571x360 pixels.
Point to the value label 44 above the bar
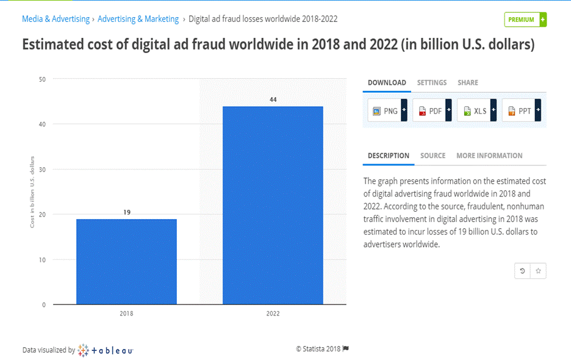pos(273,99)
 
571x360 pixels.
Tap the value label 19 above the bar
pos(127,212)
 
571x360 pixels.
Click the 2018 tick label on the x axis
pos(126,313)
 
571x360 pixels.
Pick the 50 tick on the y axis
pos(43,79)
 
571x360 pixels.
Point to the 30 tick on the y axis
pos(43,169)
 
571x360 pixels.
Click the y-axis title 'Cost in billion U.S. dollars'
pos(32,192)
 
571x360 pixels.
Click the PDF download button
pos(430,111)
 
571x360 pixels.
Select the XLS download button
pos(475,111)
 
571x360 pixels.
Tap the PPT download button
pos(519,111)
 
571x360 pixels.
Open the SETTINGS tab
pos(432,82)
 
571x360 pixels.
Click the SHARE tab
pos(468,82)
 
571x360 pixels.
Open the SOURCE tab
pos(433,156)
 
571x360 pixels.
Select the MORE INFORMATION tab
pos(489,156)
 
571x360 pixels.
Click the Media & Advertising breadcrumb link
pos(56,19)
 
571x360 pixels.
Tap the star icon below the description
pos(538,270)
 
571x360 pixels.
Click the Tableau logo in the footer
pos(106,350)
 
